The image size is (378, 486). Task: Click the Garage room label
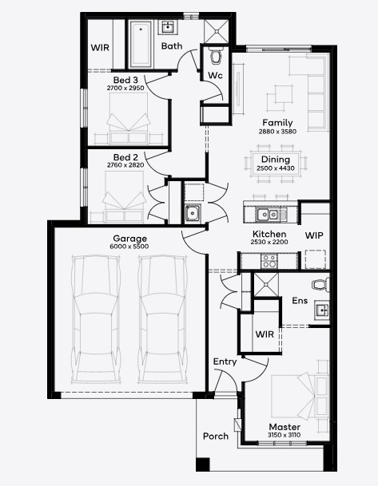pyautogui.click(x=129, y=239)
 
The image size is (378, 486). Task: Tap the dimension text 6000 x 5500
pyautogui.click(x=129, y=247)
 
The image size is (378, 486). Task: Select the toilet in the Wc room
pyautogui.click(x=216, y=55)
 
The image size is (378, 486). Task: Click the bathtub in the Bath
pyautogui.click(x=141, y=44)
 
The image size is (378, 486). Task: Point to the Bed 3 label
pyautogui.click(x=125, y=80)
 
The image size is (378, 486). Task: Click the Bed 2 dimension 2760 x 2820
pyautogui.click(x=125, y=165)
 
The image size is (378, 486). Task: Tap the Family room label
pyautogui.click(x=277, y=123)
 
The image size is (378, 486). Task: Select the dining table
pyautogui.click(x=275, y=163)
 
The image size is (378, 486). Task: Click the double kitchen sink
pyautogui.click(x=267, y=214)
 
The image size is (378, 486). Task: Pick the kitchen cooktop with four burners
pyautogui.click(x=269, y=261)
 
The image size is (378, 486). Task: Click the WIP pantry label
pyautogui.click(x=314, y=235)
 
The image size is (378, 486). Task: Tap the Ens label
pyautogui.click(x=300, y=301)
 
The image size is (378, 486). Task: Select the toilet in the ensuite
pyautogui.click(x=320, y=285)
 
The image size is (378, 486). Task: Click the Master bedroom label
pyautogui.click(x=284, y=427)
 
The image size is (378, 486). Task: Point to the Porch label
pyautogui.click(x=216, y=437)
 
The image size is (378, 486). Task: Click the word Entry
pyautogui.click(x=225, y=362)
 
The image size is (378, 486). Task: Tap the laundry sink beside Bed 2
pyautogui.click(x=193, y=213)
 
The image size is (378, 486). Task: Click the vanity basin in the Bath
pyautogui.click(x=168, y=27)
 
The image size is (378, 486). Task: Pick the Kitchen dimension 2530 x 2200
pyautogui.click(x=269, y=242)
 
